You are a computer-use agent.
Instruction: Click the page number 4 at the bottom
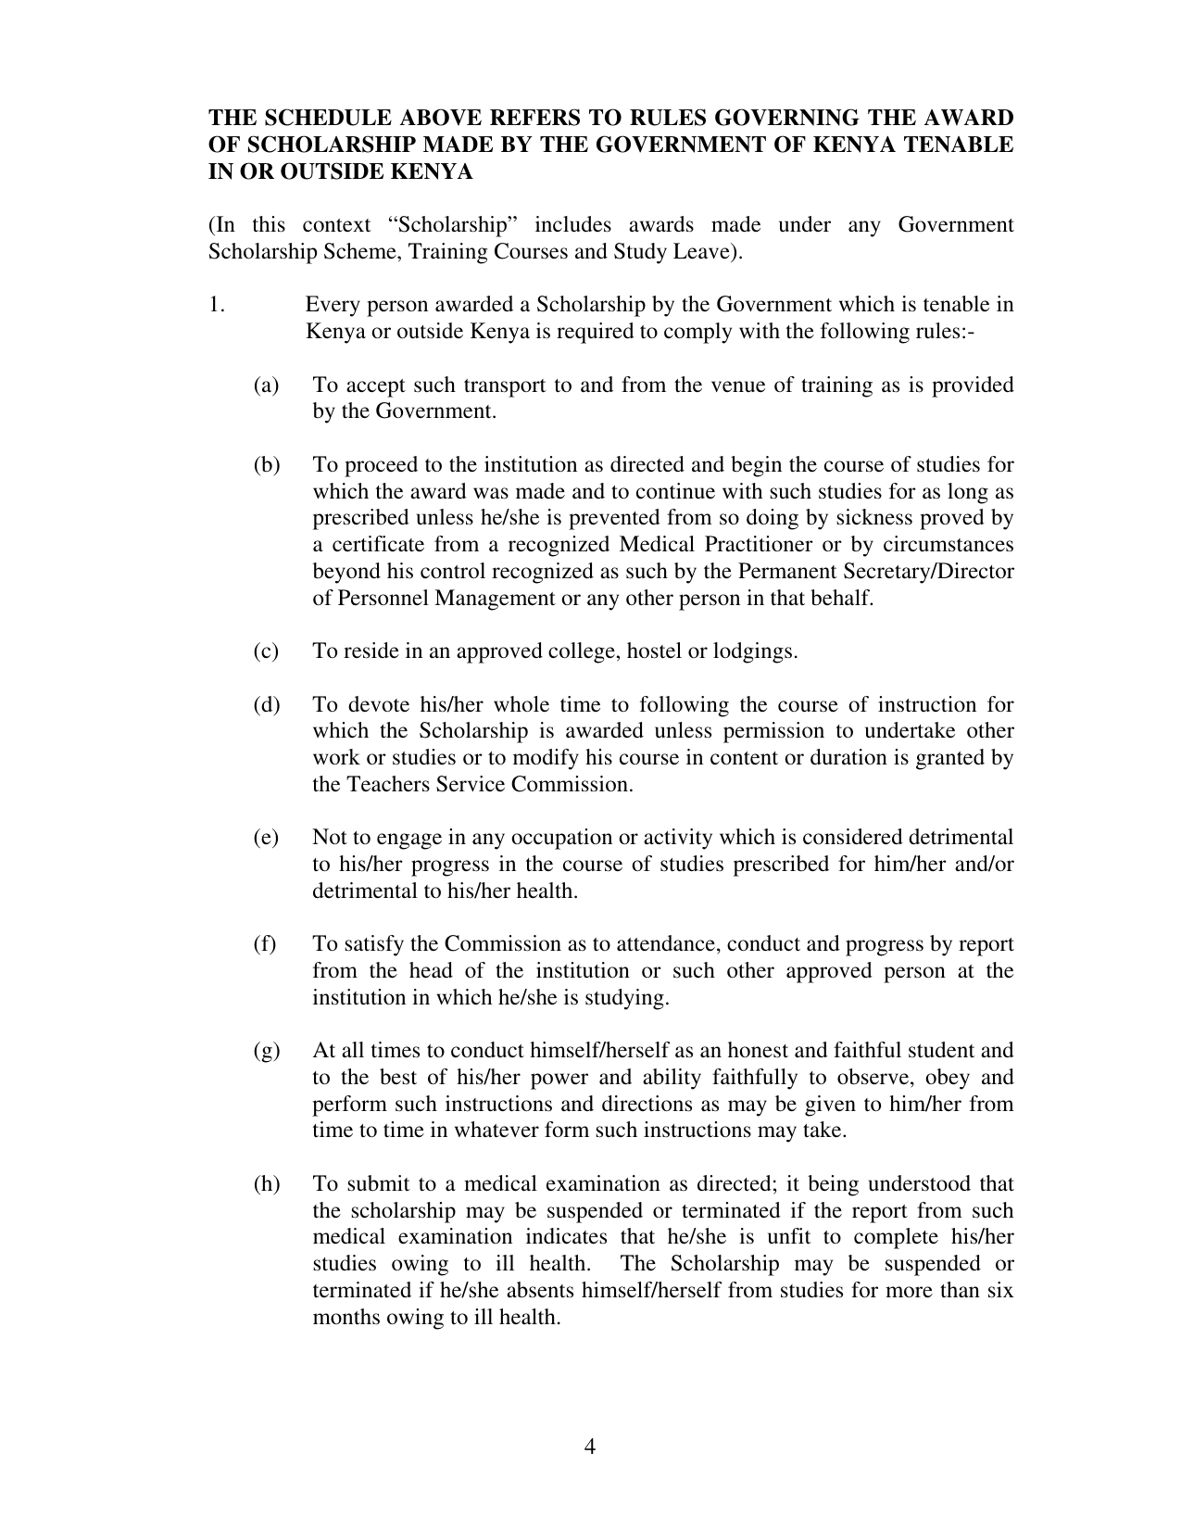pyautogui.click(x=590, y=1447)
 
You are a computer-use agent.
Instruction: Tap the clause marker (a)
pyautogui.click(x=266, y=385)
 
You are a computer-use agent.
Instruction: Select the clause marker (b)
pyautogui.click(x=266, y=464)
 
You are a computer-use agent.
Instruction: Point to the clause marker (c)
pyautogui.click(x=266, y=651)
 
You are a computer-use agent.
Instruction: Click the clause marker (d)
pyautogui.click(x=266, y=704)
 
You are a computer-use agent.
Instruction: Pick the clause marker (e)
pyautogui.click(x=266, y=837)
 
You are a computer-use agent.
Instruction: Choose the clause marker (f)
pyautogui.click(x=265, y=943)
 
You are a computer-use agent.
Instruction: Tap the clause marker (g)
pyautogui.click(x=266, y=1050)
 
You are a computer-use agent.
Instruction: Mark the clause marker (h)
pyautogui.click(x=266, y=1183)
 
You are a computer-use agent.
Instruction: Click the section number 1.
pyautogui.click(x=216, y=304)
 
